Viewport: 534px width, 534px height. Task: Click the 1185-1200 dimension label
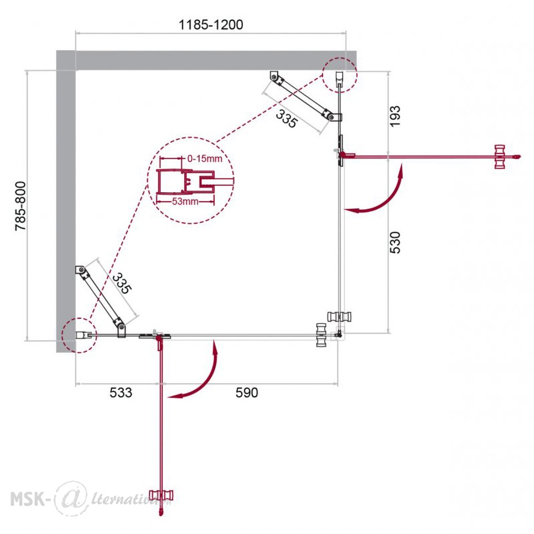click(211, 25)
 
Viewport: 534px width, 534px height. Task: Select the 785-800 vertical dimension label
click(20, 206)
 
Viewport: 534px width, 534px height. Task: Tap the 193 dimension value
click(395, 116)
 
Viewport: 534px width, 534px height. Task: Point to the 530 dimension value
click(395, 242)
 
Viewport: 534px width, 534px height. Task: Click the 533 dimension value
click(121, 392)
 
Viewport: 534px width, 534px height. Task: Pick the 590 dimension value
click(247, 392)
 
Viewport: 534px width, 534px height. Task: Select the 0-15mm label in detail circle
click(205, 159)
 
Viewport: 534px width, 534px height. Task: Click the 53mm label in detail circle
click(185, 201)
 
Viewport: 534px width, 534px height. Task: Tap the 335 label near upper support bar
click(286, 119)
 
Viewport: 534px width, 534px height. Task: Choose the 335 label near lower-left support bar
click(122, 284)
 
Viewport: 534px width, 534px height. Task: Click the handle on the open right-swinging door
click(500, 156)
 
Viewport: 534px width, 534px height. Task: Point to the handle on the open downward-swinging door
click(161, 495)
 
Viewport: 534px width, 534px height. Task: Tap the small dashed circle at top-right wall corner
click(339, 75)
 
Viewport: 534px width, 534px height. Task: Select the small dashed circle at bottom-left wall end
click(80, 335)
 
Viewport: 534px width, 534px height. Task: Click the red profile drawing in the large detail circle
click(186, 181)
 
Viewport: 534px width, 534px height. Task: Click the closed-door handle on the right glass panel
click(339, 316)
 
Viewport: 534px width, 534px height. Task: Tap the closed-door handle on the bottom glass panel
click(321, 335)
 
